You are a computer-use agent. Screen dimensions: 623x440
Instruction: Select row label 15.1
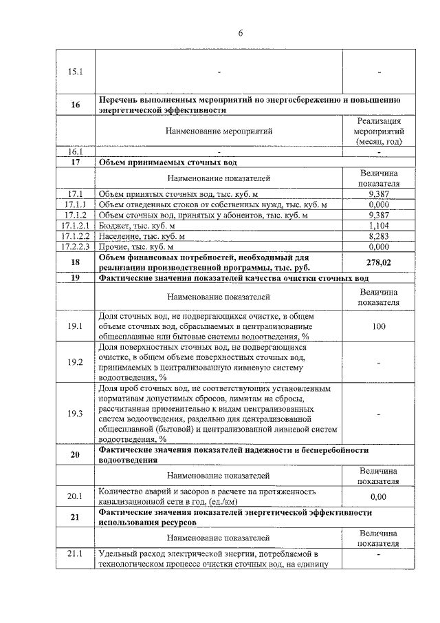point(75,72)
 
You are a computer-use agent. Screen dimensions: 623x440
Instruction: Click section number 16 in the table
point(75,105)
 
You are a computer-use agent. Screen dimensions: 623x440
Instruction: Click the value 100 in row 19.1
point(378,326)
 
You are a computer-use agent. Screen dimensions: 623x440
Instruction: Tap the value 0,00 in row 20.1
point(378,496)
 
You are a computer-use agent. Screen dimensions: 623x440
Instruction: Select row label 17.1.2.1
point(75,225)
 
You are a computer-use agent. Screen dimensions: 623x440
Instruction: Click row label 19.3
point(75,413)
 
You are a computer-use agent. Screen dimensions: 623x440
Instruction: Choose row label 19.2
point(75,362)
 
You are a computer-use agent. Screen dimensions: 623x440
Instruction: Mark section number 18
point(75,262)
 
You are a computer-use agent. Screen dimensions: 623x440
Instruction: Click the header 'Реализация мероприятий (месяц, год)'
point(378,131)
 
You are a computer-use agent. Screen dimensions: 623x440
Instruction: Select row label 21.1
point(75,553)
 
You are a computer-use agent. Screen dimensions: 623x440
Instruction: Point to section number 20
point(75,454)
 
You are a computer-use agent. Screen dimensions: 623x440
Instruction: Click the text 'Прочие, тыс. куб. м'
point(137,246)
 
